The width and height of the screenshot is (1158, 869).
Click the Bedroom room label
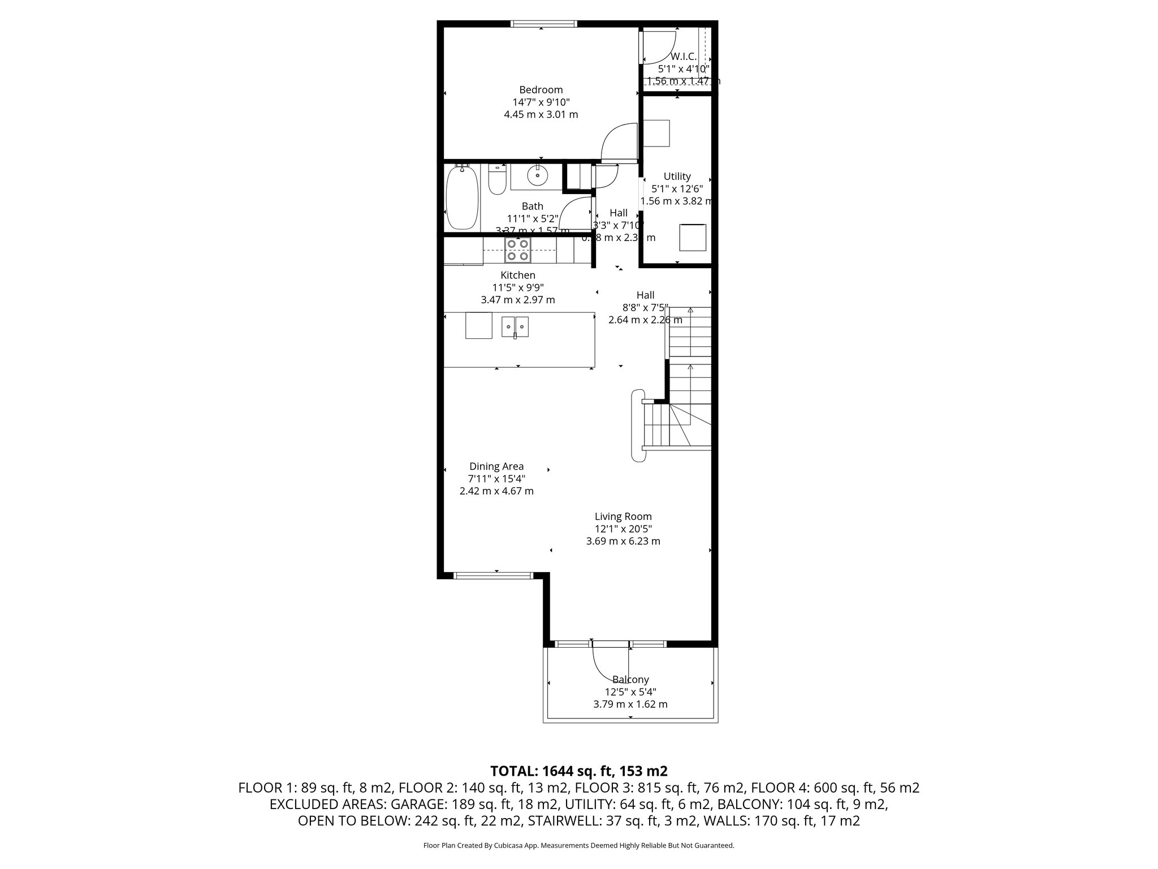pos(541,90)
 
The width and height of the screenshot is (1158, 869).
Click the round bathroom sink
pos(537,177)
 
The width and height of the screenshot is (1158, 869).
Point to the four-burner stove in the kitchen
pos(518,249)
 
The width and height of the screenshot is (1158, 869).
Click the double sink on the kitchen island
pos(515,326)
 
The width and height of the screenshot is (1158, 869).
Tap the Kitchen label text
pos(518,276)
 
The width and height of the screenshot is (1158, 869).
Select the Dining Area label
pos(496,467)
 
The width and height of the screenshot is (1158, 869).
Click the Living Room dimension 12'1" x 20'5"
pos(623,529)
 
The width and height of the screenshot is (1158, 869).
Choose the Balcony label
pos(630,679)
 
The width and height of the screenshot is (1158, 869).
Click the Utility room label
pos(677,177)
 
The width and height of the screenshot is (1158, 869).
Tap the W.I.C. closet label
pos(683,57)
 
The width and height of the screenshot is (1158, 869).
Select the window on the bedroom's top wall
pos(543,24)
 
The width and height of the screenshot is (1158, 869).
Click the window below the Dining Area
pos(493,576)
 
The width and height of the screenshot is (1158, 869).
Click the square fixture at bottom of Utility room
pos(693,238)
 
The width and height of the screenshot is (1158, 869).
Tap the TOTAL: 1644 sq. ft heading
pos(578,771)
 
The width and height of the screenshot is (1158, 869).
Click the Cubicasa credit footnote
pos(578,845)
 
